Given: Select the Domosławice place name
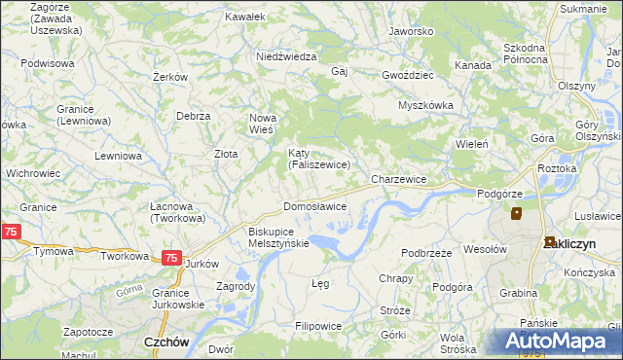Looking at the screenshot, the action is tap(314, 207).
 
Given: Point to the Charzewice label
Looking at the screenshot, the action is tap(399, 180).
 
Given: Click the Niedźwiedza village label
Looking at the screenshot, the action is tap(286, 56).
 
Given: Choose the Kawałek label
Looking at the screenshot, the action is tap(244, 18).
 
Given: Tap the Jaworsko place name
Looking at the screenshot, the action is tap(410, 31).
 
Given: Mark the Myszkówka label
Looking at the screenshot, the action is tap(426, 105).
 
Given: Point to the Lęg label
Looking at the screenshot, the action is tap(319, 283).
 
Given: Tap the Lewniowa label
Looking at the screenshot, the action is tap(119, 156).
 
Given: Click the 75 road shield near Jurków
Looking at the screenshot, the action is tap(171, 258).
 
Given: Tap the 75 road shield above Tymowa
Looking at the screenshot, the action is tap(11, 232).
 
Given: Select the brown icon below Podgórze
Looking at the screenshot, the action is tap(516, 213).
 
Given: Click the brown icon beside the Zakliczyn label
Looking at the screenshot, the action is tap(550, 242).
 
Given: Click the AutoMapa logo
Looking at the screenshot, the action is tap(557, 341).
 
